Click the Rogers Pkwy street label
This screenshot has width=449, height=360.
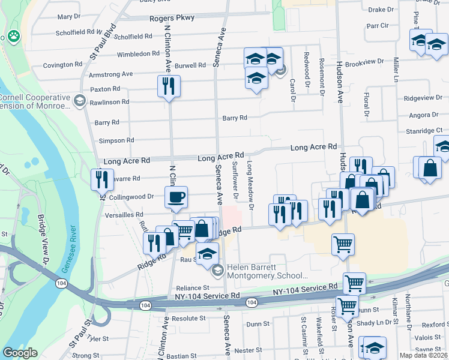click(x=172, y=18)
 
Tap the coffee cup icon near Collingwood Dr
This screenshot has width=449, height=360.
click(x=176, y=196)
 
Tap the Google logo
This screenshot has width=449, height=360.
click(x=20, y=353)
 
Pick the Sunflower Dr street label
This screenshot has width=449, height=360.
click(x=235, y=180)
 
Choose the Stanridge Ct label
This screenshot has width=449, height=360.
click(x=423, y=130)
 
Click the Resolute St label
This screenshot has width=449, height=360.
click(x=188, y=318)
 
